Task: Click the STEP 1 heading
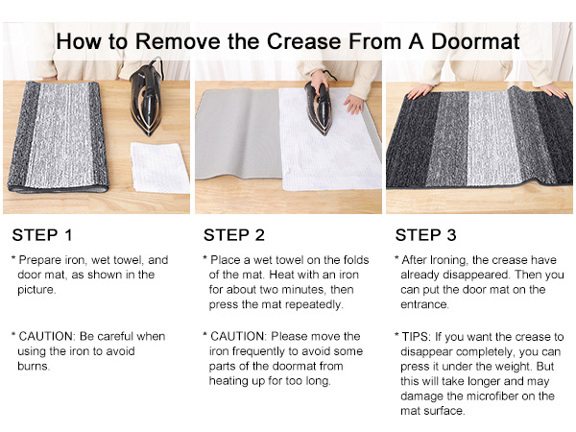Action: point(41,234)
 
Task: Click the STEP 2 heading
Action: point(233,234)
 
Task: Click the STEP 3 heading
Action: point(425,234)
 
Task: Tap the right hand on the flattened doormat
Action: point(552,89)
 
